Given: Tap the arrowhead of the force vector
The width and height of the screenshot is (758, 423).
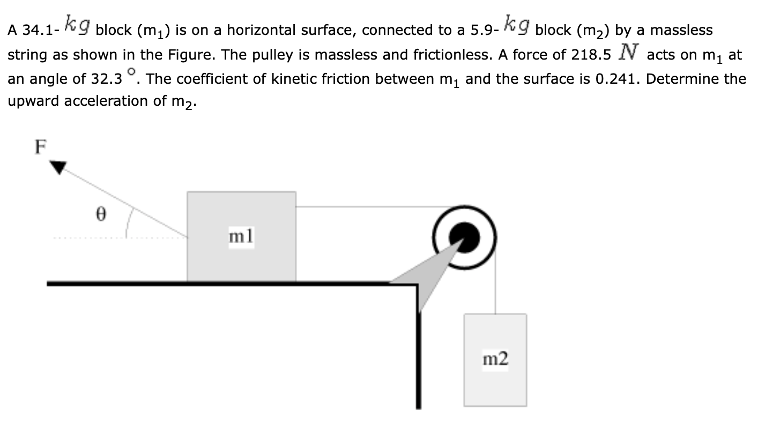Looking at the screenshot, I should click(x=58, y=167).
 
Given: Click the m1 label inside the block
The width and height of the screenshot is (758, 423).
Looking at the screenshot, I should click(x=241, y=236).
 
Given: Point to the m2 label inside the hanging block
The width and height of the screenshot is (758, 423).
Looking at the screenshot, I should click(x=495, y=358).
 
